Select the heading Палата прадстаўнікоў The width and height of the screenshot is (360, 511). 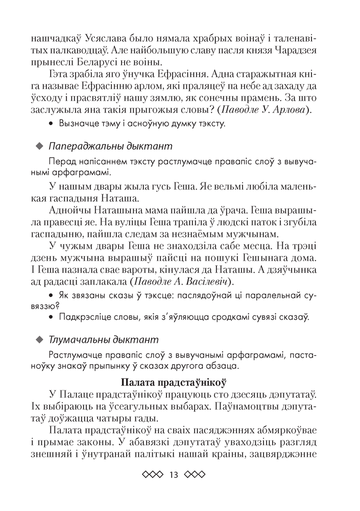point(174,382)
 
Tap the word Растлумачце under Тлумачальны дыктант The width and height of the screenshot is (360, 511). point(75,355)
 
